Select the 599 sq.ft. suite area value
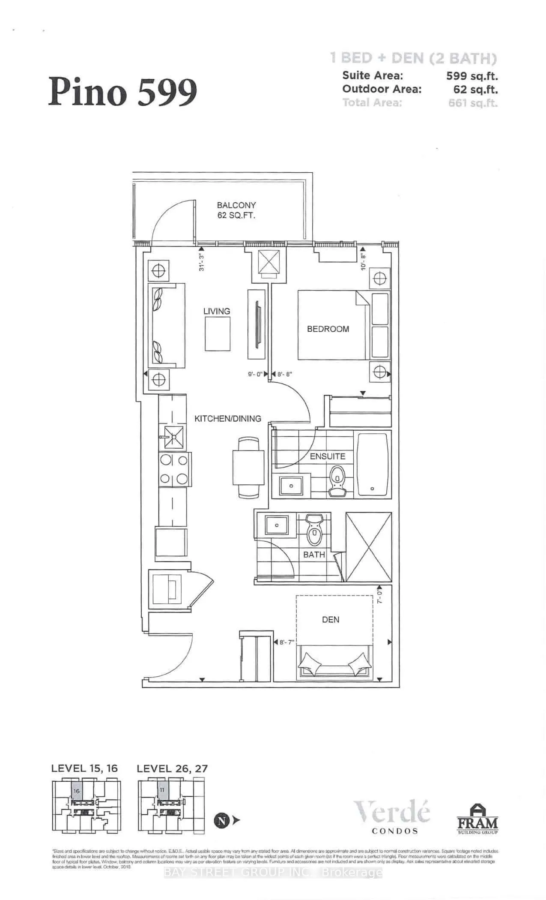click(472, 76)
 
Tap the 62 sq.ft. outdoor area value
click(475, 90)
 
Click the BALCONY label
click(236, 205)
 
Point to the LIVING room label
click(217, 311)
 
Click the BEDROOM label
click(328, 329)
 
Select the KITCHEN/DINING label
click(228, 418)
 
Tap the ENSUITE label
click(328, 456)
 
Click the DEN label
click(331, 619)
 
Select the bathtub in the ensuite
click(374, 464)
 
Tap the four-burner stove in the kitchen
click(173, 469)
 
